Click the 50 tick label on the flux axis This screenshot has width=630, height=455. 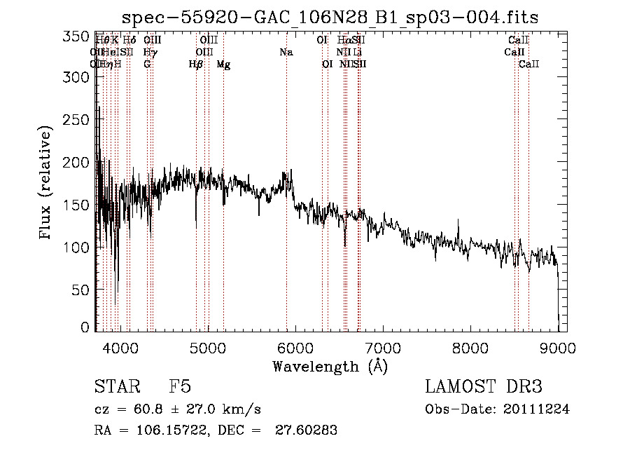pos(83,289)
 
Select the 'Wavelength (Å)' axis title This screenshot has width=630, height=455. pos(330,366)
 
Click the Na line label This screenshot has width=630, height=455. pos(286,52)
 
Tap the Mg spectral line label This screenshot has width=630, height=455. pos(223,64)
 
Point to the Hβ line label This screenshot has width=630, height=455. pos(196,64)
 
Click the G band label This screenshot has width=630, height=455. pos(147,64)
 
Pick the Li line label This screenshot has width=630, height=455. pos(358,52)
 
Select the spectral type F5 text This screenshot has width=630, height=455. pos(180,387)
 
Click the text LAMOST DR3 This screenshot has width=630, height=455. pos(484,387)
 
